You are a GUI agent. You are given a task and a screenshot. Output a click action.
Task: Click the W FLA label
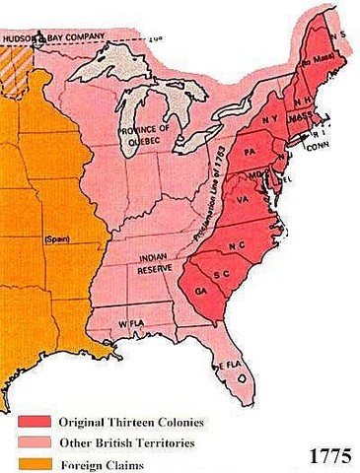131,323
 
